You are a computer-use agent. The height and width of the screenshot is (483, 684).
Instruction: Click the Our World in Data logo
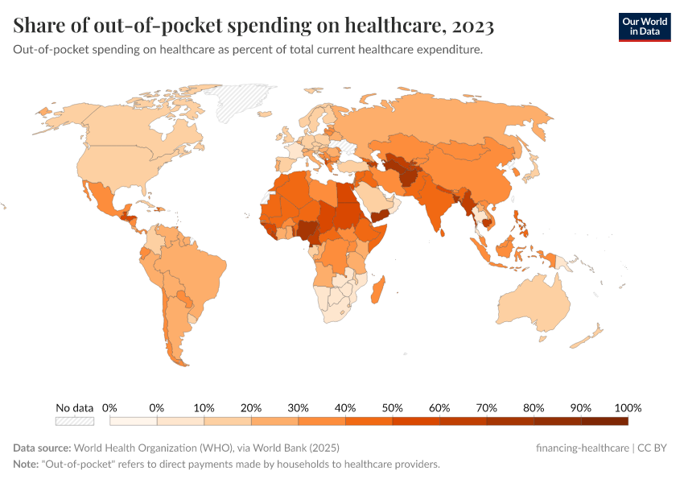(x=644, y=26)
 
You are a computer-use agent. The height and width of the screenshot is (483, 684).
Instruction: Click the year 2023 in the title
(x=473, y=27)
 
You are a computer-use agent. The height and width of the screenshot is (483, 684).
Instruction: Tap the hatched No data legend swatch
(x=74, y=421)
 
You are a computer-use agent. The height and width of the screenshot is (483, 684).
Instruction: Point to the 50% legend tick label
(x=392, y=407)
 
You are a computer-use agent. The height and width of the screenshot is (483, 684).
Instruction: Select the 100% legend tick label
(x=627, y=407)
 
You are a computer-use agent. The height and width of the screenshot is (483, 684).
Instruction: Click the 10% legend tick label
(x=204, y=407)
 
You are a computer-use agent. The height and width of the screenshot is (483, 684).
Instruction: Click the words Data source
(x=41, y=448)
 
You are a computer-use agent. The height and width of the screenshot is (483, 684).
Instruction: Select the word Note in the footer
(x=26, y=464)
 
